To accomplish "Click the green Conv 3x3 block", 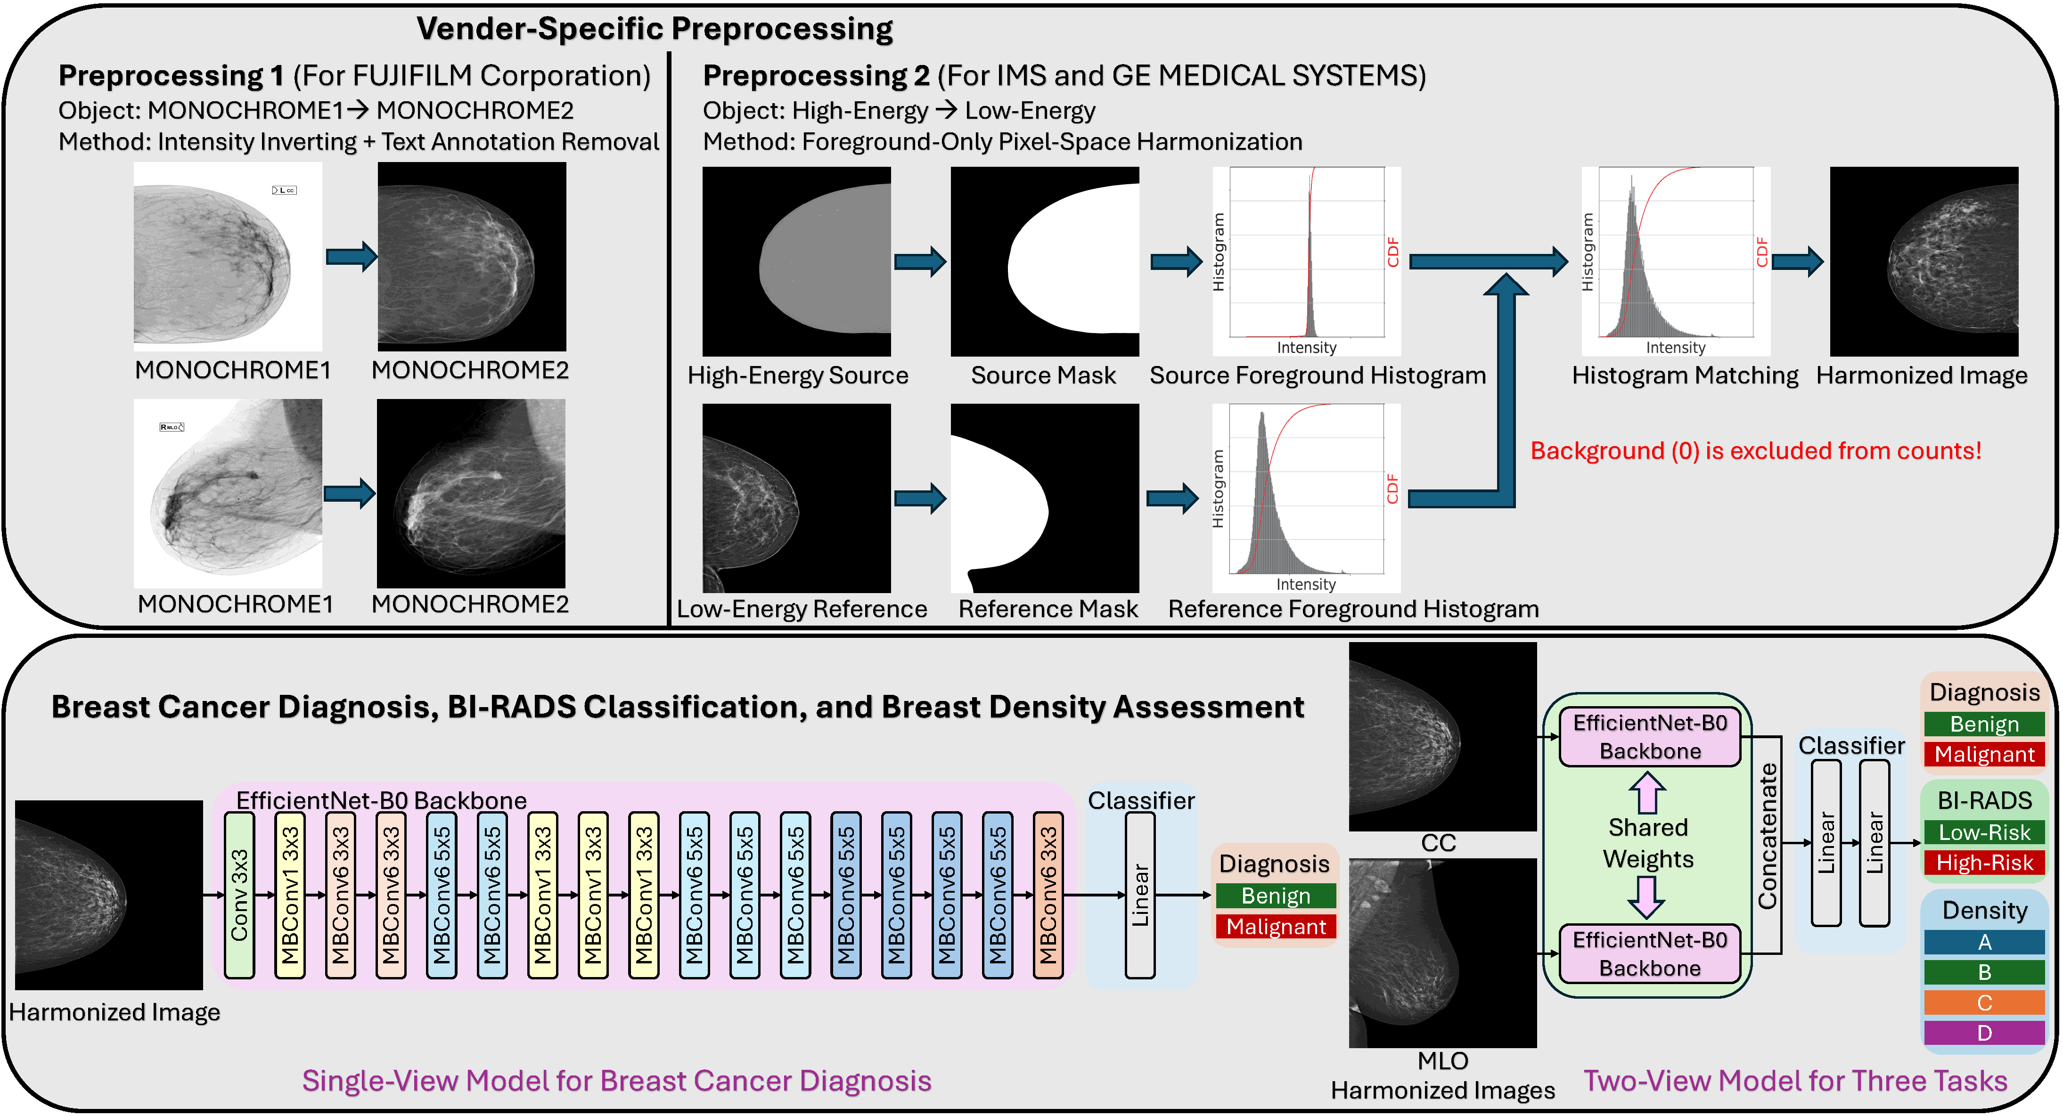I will tap(238, 895).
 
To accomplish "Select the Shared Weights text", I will tap(1647, 843).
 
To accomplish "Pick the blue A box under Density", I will tap(1984, 942).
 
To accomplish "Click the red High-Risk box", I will tap(1984, 863).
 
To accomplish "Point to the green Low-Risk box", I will tap(1984, 832).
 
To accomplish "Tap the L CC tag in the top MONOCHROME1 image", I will tap(284, 190).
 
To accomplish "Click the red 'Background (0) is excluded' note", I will tap(1755, 451).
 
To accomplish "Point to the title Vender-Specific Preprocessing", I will tap(655, 29).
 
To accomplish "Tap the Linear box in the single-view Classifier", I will tap(1139, 895).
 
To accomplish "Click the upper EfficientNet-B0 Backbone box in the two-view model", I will tap(1650, 736).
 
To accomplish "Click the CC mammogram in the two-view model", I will tap(1442, 736).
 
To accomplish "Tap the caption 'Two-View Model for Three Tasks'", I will tap(1795, 1081).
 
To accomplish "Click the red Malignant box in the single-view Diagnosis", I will tap(1276, 927).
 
